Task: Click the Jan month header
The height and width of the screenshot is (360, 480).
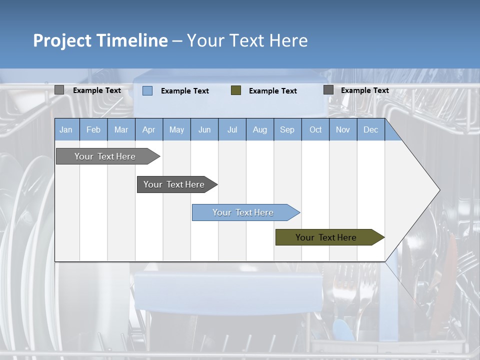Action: point(66,130)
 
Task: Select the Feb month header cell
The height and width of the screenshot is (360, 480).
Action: point(93,130)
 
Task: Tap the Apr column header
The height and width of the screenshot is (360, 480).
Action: point(149,130)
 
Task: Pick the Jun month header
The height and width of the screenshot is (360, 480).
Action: point(204,130)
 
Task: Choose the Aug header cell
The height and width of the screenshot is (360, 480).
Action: point(260,130)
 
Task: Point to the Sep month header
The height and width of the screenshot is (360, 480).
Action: point(287,130)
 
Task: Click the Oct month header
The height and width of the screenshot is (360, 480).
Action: point(315,130)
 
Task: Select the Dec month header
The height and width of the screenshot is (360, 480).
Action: point(371,130)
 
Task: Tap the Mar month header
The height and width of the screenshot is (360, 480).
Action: point(121,130)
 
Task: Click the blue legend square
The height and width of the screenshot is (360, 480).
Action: point(147,90)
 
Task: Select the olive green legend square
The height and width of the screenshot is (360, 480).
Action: point(236,90)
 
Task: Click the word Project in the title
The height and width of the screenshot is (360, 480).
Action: point(62,40)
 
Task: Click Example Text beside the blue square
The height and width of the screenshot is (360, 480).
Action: point(185,91)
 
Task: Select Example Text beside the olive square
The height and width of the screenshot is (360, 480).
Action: point(273,91)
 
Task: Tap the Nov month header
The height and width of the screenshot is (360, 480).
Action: point(343,130)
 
